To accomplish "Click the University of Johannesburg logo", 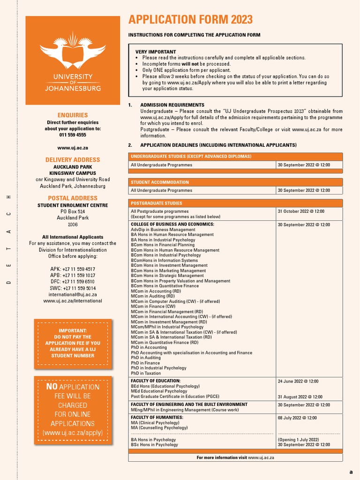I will click(x=72, y=60).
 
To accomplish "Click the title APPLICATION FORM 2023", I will click(x=190, y=20).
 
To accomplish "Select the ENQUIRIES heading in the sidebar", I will click(x=73, y=115).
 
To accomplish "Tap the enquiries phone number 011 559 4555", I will click(x=73, y=135).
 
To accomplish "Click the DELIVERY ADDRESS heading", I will click(x=73, y=160).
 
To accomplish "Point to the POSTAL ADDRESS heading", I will click(x=73, y=198).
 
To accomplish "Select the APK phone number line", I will click(x=73, y=269).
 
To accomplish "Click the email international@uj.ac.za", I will click(x=73, y=295).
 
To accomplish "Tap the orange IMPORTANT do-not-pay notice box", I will click(x=73, y=343).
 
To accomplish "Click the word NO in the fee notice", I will click(x=52, y=387).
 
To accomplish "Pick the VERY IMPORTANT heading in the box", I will click(x=156, y=52).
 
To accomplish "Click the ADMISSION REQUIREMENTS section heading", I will click(x=172, y=105).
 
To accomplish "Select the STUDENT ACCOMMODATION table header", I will click(x=160, y=182).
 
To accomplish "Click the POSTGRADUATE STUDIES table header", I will click(x=157, y=203).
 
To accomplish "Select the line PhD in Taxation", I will click(x=146, y=374).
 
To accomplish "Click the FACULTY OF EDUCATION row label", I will click(x=156, y=381).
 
